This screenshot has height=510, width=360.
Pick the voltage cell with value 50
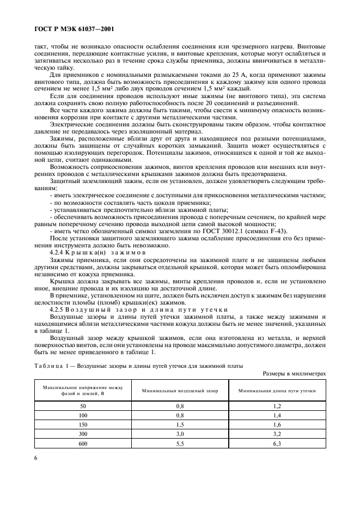pos(83,406)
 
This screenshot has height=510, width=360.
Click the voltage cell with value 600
pos(83,443)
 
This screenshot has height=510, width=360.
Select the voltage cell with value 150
pos(83,424)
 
